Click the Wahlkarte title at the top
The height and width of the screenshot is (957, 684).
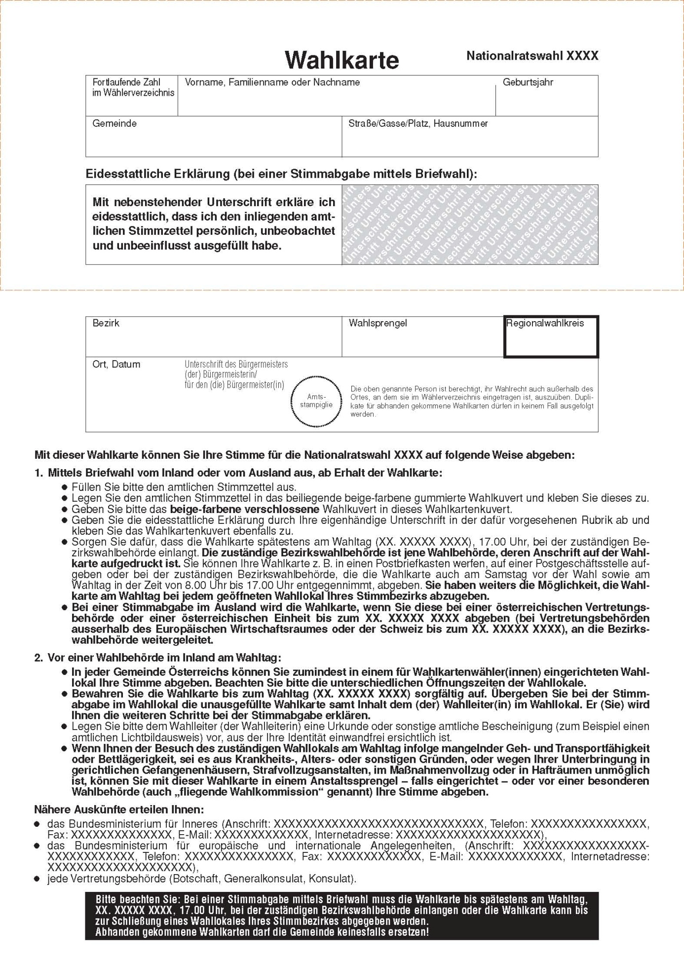[x=342, y=60]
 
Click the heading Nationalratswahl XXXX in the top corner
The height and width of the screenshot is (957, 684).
[x=532, y=56]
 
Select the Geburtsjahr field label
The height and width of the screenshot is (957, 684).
[x=528, y=82]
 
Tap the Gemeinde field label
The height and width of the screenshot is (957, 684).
[x=114, y=123]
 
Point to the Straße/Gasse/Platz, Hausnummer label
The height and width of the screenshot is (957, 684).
[x=418, y=123]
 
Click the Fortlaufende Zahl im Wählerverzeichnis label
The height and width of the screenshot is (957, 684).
[x=133, y=87]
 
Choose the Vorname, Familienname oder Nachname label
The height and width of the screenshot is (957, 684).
[x=272, y=82]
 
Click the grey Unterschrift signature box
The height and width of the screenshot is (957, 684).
[x=469, y=224]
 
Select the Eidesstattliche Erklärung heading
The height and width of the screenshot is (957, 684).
[x=281, y=174]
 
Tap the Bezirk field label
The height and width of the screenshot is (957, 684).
[x=106, y=323]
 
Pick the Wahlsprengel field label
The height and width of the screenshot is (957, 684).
[x=378, y=323]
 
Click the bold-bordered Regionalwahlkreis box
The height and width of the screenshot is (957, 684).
[x=551, y=337]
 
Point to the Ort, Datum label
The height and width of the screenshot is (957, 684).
[x=116, y=365]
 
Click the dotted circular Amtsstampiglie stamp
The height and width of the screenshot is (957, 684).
[x=316, y=401]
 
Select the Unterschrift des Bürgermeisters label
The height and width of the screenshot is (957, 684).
[x=236, y=374]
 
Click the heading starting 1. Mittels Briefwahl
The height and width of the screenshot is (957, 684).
[x=238, y=473]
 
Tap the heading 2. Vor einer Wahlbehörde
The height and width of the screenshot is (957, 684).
[x=157, y=658]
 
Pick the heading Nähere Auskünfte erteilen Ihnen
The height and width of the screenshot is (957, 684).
[x=119, y=810]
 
